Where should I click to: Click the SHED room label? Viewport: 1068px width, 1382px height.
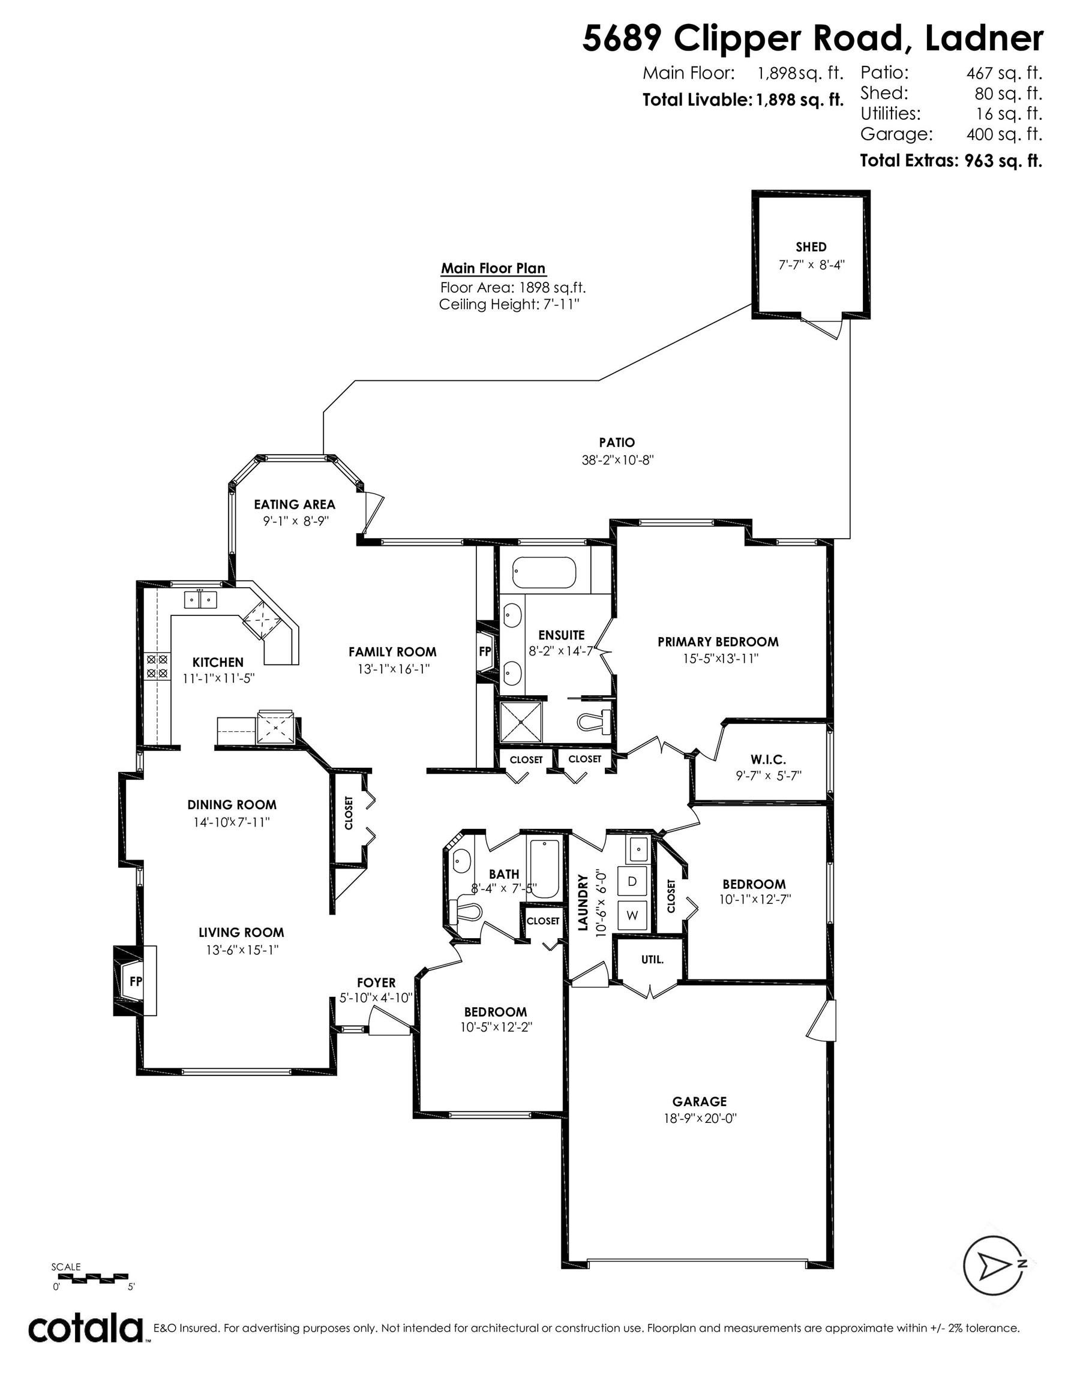pos(811,247)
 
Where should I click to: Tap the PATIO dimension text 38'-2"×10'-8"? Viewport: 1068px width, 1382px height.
pos(617,460)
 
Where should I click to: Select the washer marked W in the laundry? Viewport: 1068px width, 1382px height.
pos(632,915)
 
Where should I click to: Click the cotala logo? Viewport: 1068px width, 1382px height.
pos(86,1327)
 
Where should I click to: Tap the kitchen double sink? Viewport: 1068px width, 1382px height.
pos(200,599)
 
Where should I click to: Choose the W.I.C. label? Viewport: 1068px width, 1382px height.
pos(769,759)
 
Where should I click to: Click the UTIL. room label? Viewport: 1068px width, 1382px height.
pos(653,959)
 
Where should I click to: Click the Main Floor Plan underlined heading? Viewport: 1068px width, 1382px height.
pos(493,268)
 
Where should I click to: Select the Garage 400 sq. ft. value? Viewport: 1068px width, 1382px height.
pos(1004,134)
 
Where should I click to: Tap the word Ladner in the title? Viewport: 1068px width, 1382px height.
pos(985,38)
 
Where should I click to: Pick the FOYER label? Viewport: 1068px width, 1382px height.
pos(376,983)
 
